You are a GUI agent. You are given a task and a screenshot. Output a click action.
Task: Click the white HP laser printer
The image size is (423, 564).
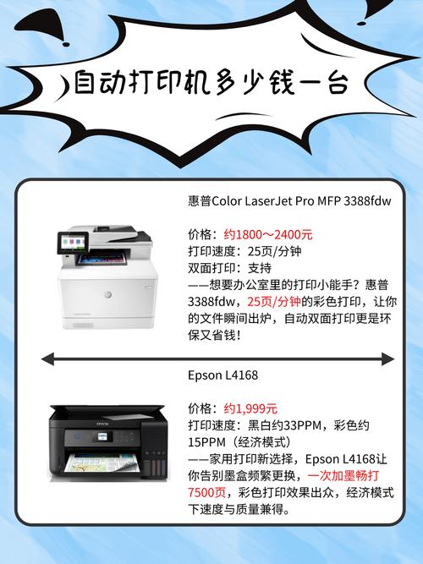(107, 279)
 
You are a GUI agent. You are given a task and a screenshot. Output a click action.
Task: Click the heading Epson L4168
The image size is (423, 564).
(222, 375)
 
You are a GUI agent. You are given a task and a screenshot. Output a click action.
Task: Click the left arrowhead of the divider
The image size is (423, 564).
(47, 360)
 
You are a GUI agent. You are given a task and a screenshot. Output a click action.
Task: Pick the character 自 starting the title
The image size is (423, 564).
(85, 84)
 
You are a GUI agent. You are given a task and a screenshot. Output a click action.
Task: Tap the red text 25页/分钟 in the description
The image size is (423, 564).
(274, 302)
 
